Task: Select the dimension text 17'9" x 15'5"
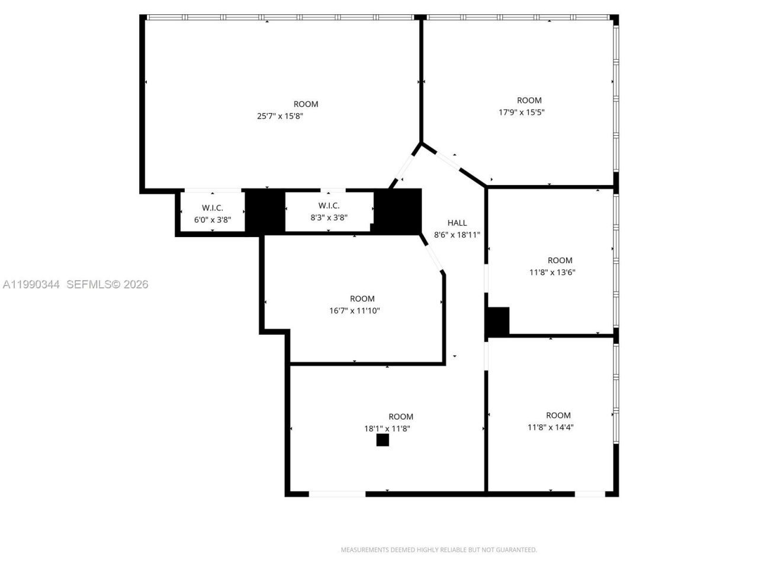click(521, 112)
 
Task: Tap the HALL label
click(457, 223)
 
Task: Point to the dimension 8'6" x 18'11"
click(457, 235)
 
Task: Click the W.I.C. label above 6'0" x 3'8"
click(212, 208)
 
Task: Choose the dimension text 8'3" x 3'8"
click(329, 218)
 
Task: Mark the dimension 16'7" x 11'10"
click(354, 311)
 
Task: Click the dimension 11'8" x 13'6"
click(552, 273)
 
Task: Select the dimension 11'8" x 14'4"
click(551, 427)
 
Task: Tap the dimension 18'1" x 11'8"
click(387, 429)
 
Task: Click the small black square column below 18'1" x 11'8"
click(383, 440)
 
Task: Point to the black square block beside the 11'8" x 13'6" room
click(497, 322)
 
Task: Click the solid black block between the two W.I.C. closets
click(265, 211)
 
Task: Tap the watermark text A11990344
click(31, 284)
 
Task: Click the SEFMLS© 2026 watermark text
click(107, 284)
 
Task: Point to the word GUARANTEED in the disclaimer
click(516, 550)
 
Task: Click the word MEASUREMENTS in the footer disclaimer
click(364, 550)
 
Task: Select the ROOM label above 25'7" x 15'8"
click(306, 104)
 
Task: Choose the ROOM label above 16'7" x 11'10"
click(362, 299)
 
